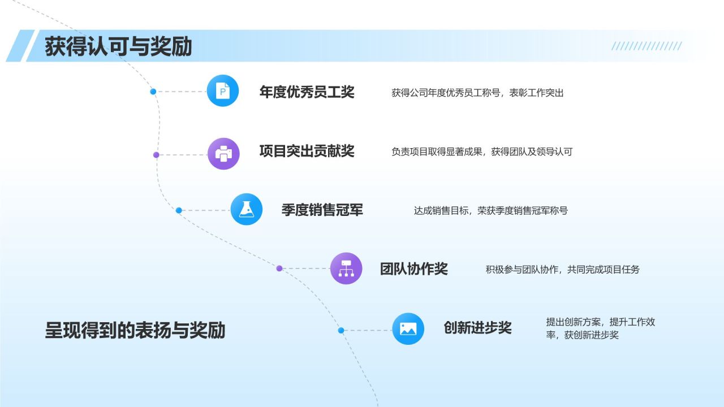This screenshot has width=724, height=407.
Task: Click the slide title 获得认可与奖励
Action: [x=118, y=46]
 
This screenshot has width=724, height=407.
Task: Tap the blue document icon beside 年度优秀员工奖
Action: [x=223, y=90]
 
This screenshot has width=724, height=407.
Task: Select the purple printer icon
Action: [x=223, y=154]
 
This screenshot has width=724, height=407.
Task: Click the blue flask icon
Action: [x=246, y=210]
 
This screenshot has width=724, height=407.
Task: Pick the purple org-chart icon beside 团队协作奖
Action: [x=346, y=268]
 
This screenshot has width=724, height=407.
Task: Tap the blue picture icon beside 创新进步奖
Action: [x=408, y=329]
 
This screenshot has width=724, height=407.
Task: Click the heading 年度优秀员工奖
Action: [x=307, y=92]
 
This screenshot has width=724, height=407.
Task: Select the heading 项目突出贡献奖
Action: [x=307, y=151]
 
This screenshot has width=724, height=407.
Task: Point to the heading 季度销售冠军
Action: [x=322, y=210]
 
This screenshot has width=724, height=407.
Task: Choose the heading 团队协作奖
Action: [x=413, y=269]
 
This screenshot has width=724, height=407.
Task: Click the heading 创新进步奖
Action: [x=477, y=328]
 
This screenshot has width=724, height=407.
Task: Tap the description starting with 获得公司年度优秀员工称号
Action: [x=477, y=93]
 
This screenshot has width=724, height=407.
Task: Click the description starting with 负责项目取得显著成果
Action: [x=482, y=151]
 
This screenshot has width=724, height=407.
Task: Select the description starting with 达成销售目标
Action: [x=490, y=211]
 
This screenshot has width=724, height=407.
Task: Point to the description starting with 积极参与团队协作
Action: [x=562, y=270]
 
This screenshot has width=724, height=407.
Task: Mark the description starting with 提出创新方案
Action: [x=600, y=328]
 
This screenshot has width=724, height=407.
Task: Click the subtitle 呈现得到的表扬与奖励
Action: [x=135, y=330]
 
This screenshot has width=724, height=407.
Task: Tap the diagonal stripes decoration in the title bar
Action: [x=647, y=46]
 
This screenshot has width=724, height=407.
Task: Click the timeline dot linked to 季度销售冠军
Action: [x=179, y=210]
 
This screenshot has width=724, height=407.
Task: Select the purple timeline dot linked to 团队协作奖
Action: [x=279, y=269]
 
